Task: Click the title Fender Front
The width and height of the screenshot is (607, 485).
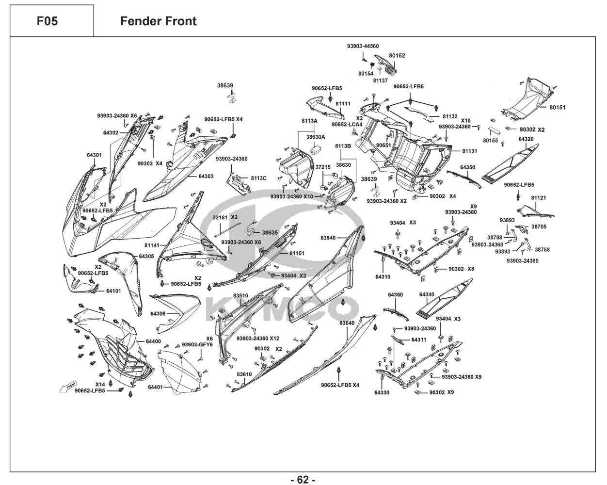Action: (159, 21)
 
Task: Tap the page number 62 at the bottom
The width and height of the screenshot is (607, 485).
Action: (303, 480)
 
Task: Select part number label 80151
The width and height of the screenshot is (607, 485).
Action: (557, 107)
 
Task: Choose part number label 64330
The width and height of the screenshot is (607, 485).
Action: (382, 392)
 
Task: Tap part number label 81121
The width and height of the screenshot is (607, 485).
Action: (539, 198)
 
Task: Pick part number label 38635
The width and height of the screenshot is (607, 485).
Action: (270, 232)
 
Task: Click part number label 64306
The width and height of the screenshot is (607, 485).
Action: (158, 314)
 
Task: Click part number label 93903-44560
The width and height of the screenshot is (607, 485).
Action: (363, 46)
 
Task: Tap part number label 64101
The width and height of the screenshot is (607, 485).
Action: (113, 291)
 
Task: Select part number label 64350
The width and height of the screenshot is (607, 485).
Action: (467, 167)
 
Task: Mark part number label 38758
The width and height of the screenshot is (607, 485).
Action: (542, 250)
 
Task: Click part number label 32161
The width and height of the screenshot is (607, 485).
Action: (220, 217)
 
